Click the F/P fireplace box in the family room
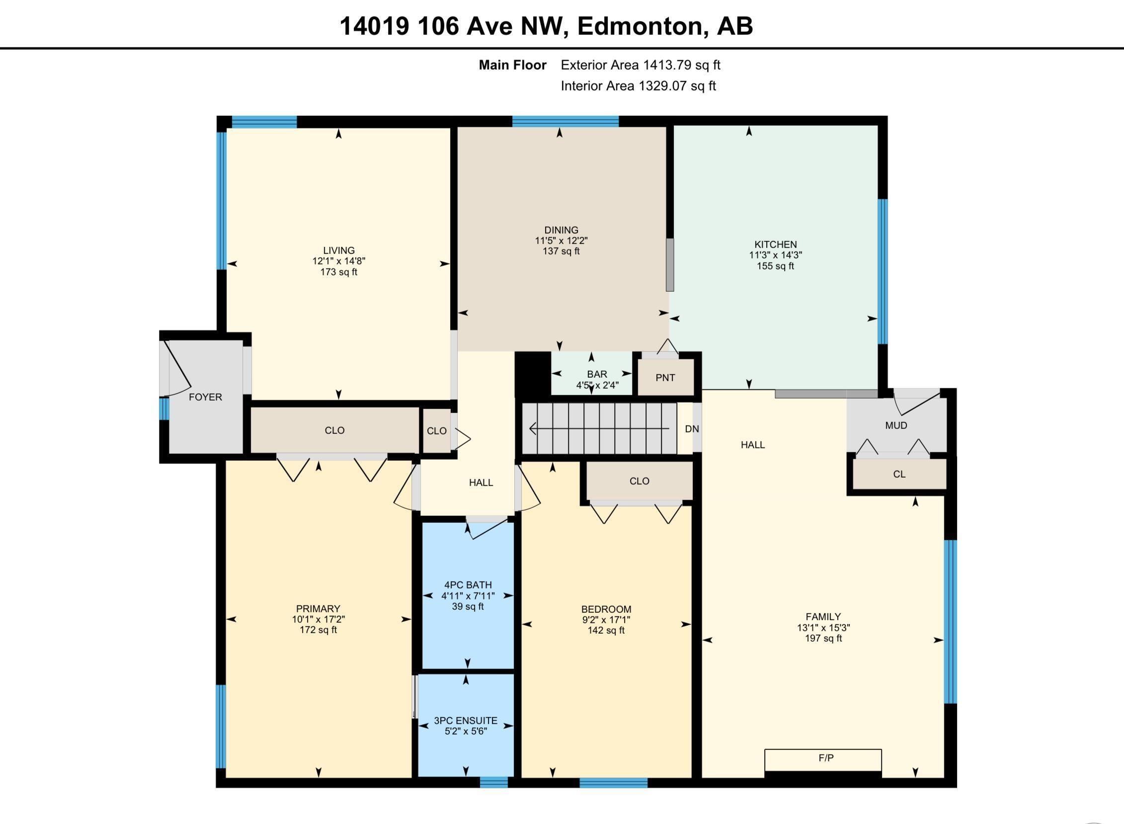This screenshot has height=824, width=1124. pyautogui.click(x=823, y=760)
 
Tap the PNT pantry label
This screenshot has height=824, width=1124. pyautogui.click(x=665, y=378)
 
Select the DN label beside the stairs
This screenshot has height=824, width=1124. pyautogui.click(x=692, y=429)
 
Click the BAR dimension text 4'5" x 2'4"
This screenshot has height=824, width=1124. pyautogui.click(x=597, y=385)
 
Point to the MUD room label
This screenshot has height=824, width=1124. pyautogui.click(x=895, y=425)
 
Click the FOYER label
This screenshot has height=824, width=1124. pyautogui.click(x=205, y=397)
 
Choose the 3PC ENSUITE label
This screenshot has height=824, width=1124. pyautogui.click(x=465, y=720)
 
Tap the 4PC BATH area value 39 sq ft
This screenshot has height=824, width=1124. pyautogui.click(x=467, y=606)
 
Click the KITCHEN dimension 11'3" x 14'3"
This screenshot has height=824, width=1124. pyautogui.click(x=775, y=255)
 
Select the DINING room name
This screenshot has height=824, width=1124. pyautogui.click(x=561, y=230)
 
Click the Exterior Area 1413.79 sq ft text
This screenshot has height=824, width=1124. pyautogui.click(x=641, y=65)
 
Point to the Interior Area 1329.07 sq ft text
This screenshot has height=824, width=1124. pyautogui.click(x=638, y=86)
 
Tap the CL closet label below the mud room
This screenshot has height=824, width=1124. pyautogui.click(x=898, y=474)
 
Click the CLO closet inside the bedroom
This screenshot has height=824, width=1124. pyautogui.click(x=639, y=481)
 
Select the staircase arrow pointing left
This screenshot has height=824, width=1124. pyautogui.click(x=598, y=428)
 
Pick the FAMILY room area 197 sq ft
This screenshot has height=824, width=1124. pyautogui.click(x=823, y=638)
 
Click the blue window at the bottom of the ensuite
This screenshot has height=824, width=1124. pyautogui.click(x=493, y=783)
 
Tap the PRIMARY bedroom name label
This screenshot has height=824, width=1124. pyautogui.click(x=318, y=608)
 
